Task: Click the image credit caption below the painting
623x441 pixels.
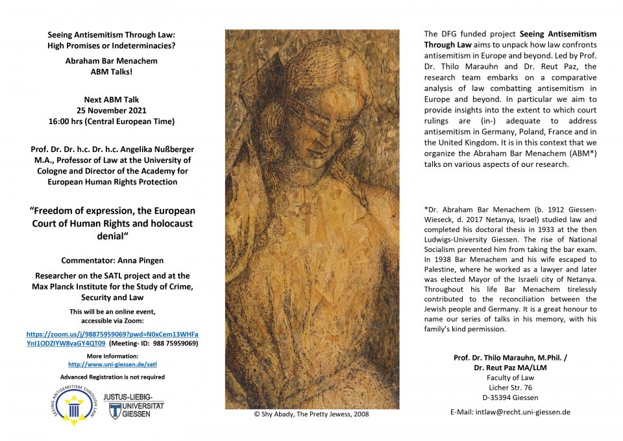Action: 312,414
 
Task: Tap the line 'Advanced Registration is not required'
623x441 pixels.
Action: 112,377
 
